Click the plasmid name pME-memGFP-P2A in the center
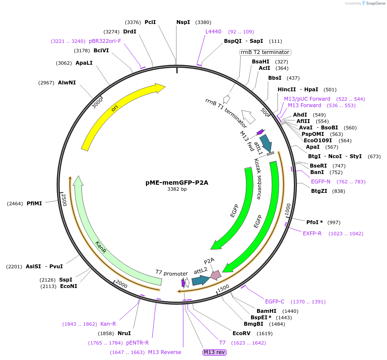click(177, 182)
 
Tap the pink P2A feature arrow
click(214, 275)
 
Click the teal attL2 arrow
click(200, 280)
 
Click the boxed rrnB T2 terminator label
click(265, 52)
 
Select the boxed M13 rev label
click(214, 352)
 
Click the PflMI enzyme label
click(34, 204)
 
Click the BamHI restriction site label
click(266, 311)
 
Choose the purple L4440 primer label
click(213, 31)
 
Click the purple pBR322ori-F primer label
click(105, 41)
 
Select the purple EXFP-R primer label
click(312, 234)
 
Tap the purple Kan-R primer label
click(108, 324)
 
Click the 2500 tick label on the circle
click(63, 200)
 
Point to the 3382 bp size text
click(177, 189)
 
